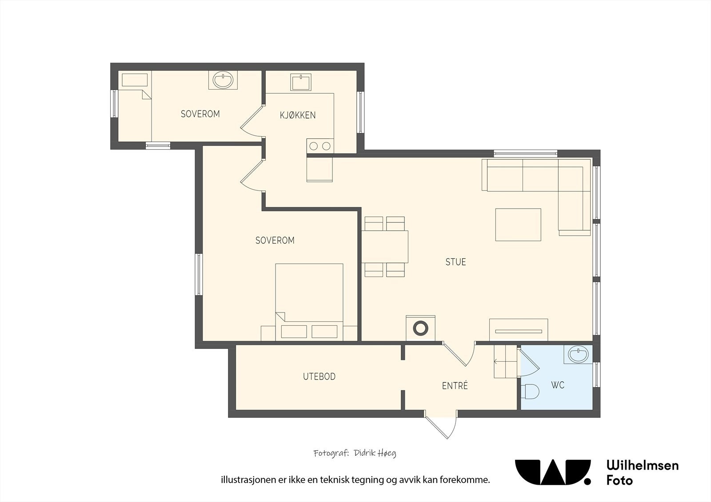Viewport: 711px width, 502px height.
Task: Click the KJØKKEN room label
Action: (x=298, y=115)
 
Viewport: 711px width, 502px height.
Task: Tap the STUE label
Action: (x=456, y=262)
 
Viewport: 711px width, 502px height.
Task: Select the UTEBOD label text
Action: (x=319, y=376)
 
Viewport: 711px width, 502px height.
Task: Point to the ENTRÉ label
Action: (x=455, y=385)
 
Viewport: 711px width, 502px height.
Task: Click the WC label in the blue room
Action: (x=558, y=385)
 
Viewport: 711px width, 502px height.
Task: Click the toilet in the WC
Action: (x=530, y=391)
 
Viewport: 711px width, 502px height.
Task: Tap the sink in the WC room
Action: (x=578, y=354)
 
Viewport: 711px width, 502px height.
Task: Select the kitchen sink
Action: (x=300, y=82)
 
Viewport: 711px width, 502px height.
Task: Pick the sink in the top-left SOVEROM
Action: (x=223, y=80)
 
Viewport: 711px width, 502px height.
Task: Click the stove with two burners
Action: (x=320, y=146)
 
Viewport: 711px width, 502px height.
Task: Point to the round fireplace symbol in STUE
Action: (x=420, y=328)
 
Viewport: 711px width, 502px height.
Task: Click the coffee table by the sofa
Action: (x=518, y=225)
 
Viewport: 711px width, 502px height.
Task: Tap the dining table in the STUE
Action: (x=385, y=246)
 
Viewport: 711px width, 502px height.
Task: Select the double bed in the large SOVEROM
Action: (x=309, y=302)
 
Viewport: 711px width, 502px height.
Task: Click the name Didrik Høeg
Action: (x=375, y=453)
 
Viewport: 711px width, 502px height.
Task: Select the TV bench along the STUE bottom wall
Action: (x=519, y=330)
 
